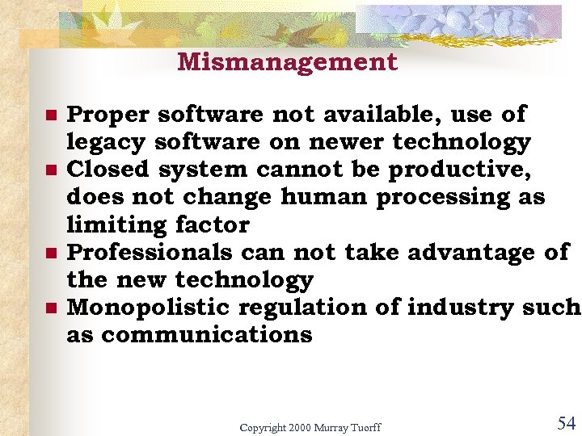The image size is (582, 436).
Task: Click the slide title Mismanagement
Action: pyautogui.click(x=287, y=62)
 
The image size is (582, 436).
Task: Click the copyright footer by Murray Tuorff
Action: pyautogui.click(x=310, y=427)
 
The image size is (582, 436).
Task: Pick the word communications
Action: pyautogui.click(x=206, y=335)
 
